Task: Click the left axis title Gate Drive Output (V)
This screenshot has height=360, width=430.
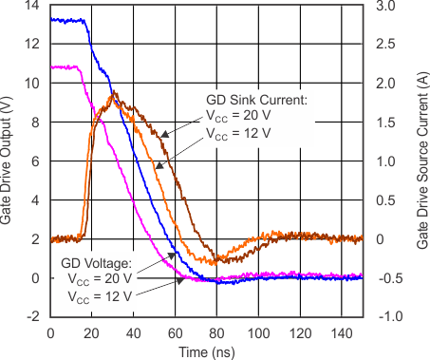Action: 9,161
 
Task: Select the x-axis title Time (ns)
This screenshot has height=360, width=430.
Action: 206,350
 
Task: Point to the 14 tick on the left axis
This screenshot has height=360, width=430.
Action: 35,6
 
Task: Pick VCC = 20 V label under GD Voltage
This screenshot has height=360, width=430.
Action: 100,279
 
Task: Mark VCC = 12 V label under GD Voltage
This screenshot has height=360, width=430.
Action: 100,296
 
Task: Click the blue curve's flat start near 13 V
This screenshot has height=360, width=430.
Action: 66,19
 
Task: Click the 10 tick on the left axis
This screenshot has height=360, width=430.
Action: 35,84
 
